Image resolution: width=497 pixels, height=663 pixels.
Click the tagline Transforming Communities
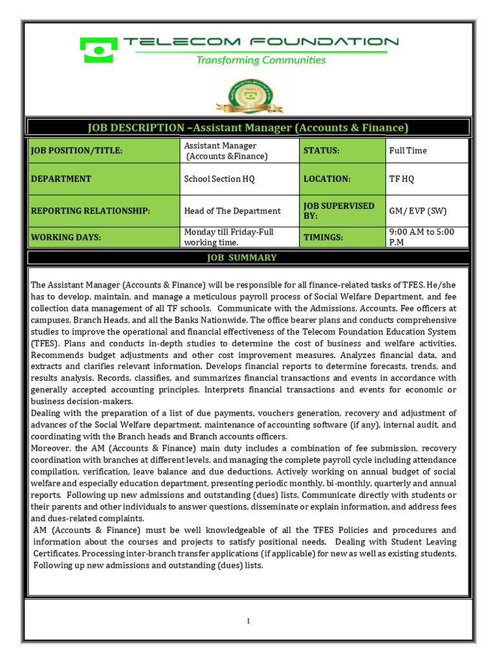[x=261, y=60]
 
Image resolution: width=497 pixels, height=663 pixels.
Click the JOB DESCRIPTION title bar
[x=248, y=128]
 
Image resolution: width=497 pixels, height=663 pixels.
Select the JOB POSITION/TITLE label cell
[x=104, y=151]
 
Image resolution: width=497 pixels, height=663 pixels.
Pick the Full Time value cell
[x=426, y=151]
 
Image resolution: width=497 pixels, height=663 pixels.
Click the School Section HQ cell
[x=239, y=179]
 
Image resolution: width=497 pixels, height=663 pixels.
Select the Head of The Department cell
[x=239, y=210]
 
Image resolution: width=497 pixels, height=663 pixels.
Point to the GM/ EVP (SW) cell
[x=426, y=210]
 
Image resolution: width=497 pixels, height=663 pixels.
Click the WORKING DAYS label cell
[x=104, y=237]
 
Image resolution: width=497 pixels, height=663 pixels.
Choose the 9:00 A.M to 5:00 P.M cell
[x=426, y=237]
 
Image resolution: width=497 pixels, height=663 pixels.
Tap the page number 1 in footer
[x=248, y=621]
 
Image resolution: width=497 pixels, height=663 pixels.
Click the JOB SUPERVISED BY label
[x=341, y=210]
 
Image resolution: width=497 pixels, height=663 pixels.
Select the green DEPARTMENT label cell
[x=104, y=179]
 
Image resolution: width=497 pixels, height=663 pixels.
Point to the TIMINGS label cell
[x=341, y=237]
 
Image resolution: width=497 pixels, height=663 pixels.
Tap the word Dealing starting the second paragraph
[x=47, y=413]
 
